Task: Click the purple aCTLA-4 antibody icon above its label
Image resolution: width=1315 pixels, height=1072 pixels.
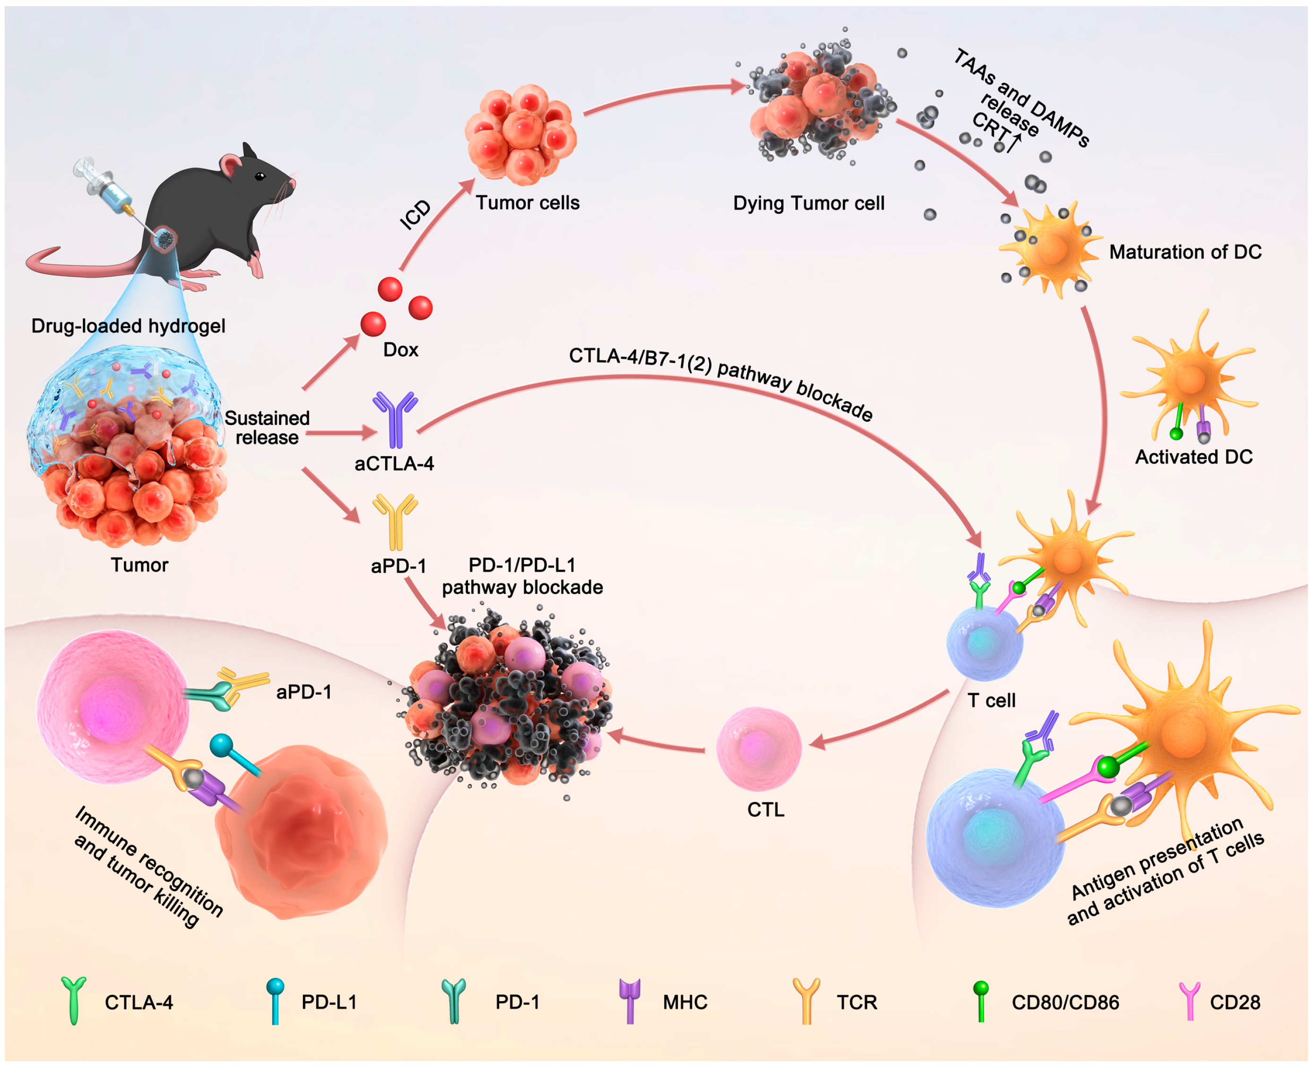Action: (x=395, y=418)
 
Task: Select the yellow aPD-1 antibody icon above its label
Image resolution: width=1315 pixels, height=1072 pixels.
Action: (x=395, y=521)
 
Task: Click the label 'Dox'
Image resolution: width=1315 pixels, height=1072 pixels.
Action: (x=401, y=350)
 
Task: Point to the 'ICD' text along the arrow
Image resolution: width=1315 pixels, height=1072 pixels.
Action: (x=415, y=215)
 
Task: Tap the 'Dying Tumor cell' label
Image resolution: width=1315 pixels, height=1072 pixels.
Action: (x=808, y=203)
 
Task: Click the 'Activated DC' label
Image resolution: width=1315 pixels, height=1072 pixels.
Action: (x=1194, y=457)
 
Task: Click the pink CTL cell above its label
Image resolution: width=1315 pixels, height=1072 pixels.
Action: (x=758, y=749)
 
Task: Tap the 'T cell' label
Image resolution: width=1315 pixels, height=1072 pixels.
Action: (x=991, y=701)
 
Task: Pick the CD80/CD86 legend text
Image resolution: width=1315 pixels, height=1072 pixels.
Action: (x=1065, y=1002)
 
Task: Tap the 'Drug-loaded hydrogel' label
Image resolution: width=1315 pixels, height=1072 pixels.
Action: (x=129, y=326)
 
